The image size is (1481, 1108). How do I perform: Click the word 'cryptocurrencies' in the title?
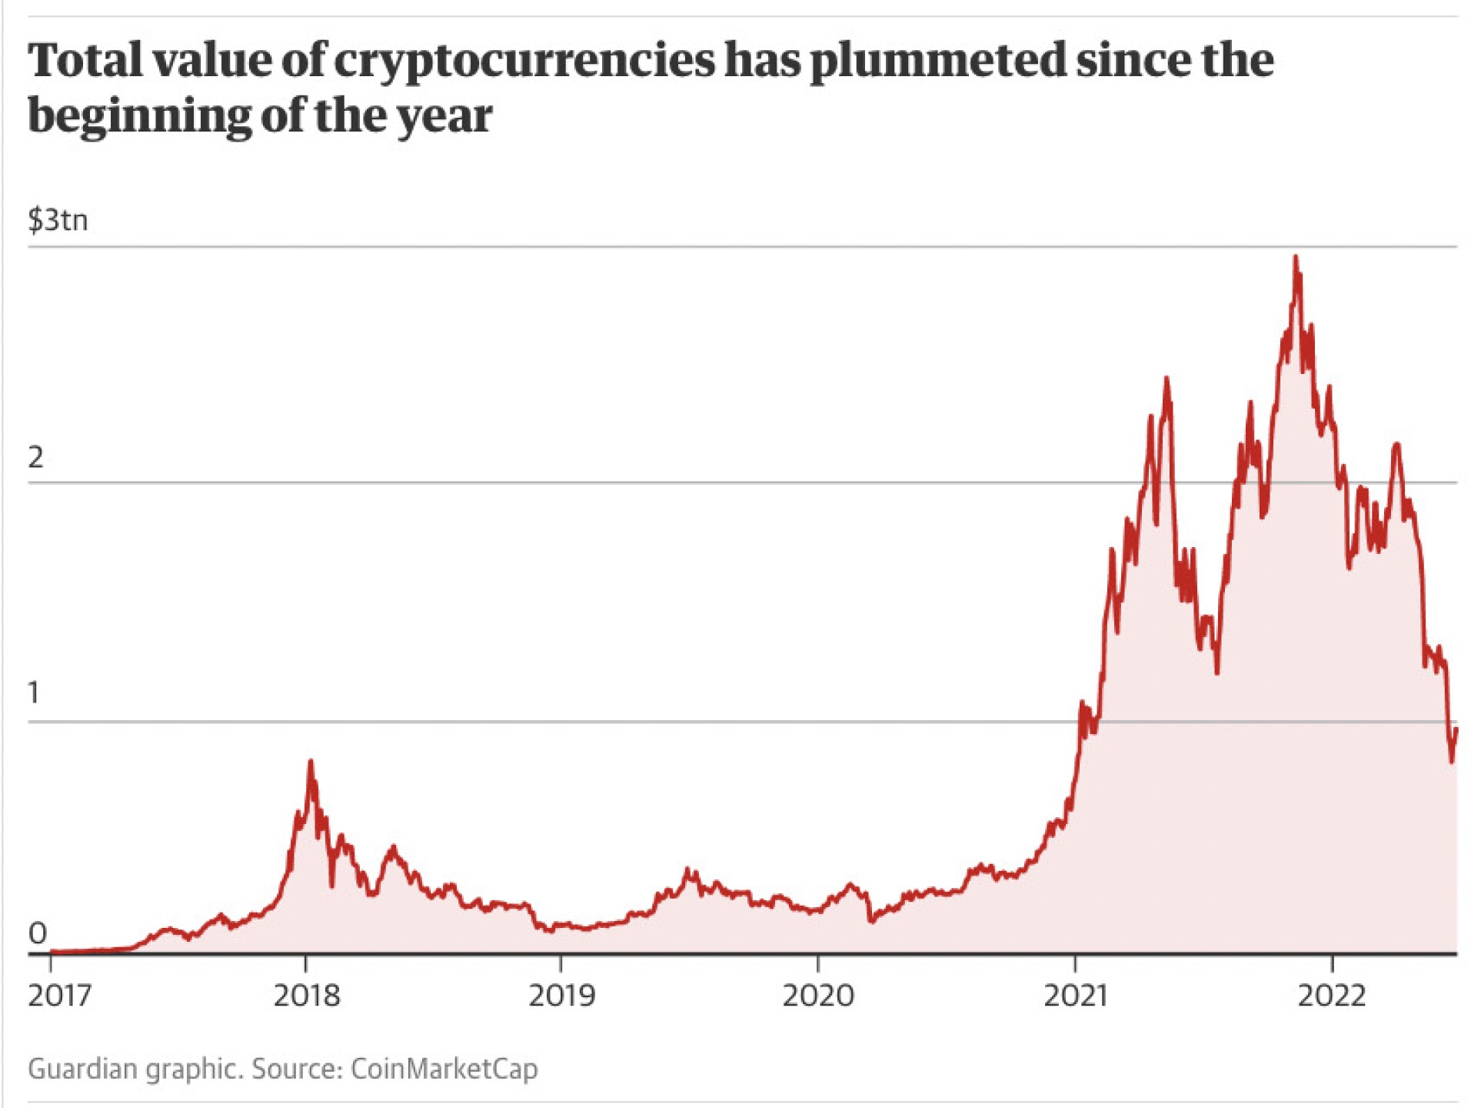click(524, 62)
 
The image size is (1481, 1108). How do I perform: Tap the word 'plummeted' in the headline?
click(938, 62)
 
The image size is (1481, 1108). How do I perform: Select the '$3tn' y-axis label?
click(58, 220)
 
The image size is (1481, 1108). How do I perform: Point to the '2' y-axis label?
click(35, 458)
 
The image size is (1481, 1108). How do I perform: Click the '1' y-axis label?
click(33, 693)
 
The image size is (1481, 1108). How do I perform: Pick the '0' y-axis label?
click(37, 933)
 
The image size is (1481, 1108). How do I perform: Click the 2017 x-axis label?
click(59, 996)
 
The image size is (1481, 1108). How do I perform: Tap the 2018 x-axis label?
click(306, 996)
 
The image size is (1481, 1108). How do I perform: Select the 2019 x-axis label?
click(561, 996)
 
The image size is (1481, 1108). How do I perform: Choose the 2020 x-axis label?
click(818, 996)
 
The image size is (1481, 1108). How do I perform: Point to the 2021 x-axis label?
click(1075, 996)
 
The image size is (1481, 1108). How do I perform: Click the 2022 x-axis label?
click(1332, 996)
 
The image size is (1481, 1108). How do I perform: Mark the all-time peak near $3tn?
click(1296, 257)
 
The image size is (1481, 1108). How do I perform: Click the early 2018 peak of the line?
click(311, 762)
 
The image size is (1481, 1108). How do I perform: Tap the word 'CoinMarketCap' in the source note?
click(444, 1069)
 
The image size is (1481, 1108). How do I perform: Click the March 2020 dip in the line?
click(870, 919)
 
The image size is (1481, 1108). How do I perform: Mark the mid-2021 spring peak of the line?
click(1166, 379)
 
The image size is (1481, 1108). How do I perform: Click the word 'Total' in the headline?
click(85, 62)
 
